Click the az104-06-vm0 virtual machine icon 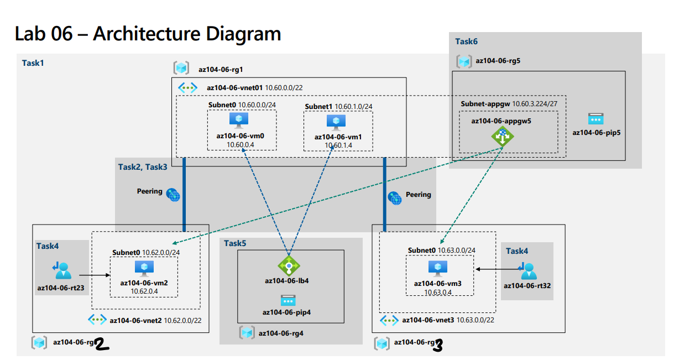(x=239, y=120)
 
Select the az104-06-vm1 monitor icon (x=336, y=122)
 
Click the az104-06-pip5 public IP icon (x=595, y=119)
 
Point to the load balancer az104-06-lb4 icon (x=288, y=265)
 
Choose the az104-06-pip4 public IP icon (x=288, y=300)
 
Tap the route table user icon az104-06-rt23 (x=61, y=269)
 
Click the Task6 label (x=466, y=41)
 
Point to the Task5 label (x=235, y=243)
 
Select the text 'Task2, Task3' (x=143, y=166)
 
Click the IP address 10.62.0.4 (x=144, y=291)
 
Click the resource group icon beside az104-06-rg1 (x=181, y=69)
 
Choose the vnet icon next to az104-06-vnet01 (x=187, y=87)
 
